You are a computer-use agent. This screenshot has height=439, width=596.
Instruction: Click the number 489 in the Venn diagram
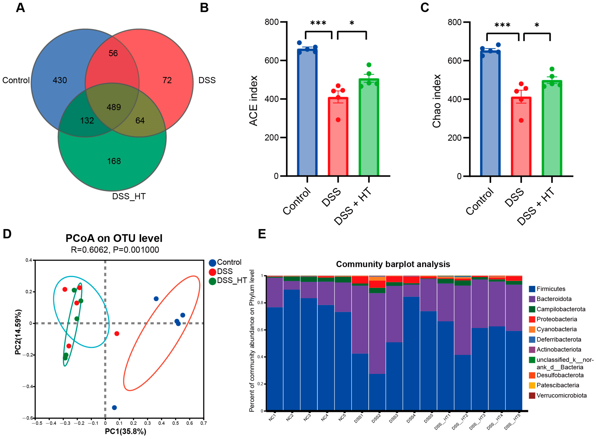pos(114,107)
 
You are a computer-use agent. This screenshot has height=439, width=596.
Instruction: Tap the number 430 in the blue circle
pos(60,80)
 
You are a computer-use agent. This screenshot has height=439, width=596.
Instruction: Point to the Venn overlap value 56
pos(113,53)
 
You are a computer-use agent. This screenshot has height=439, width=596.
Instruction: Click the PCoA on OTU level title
pos(114,238)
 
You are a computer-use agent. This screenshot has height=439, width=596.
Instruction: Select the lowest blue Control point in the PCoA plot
pos(114,408)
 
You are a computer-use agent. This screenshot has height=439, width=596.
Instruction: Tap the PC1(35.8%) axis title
pos(126,431)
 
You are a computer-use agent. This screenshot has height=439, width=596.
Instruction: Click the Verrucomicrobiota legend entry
pos(561,395)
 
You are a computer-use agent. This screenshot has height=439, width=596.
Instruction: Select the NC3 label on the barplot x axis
pos(307,418)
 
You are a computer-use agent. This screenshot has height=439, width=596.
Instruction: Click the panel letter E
pos(262,234)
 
